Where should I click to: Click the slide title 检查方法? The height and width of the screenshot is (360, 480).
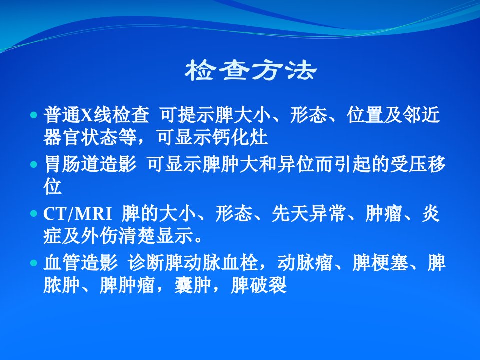tap(250, 70)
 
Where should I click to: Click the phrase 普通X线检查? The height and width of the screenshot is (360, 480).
tap(96, 115)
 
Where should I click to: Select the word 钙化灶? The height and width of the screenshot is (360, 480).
tap(240, 137)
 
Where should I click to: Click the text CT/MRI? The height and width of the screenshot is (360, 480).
tap(78, 214)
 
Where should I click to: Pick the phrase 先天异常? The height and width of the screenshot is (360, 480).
tap(309, 213)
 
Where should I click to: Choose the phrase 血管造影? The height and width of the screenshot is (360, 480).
tap(81, 262)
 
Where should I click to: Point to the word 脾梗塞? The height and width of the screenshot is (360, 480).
tap(380, 262)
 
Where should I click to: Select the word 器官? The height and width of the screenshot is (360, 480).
tap(62, 137)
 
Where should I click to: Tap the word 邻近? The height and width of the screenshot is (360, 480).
tap(421, 115)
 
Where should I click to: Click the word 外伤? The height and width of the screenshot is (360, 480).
tap(100, 236)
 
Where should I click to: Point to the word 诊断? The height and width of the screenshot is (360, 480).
tap(146, 262)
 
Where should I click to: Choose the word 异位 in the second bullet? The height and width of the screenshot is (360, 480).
tap(296, 164)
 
